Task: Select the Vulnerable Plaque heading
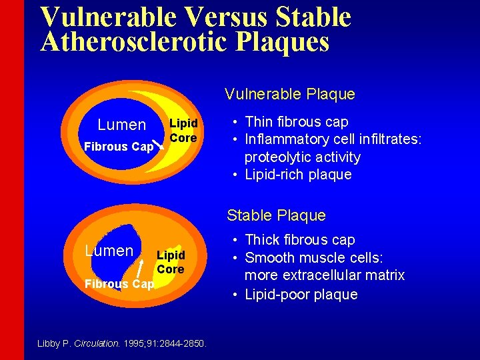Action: pos(289,94)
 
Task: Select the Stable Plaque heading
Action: pos(276,215)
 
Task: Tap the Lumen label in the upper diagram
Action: pos(121,125)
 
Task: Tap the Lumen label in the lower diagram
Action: pos(109,251)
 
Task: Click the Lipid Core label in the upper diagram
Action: pos(183,131)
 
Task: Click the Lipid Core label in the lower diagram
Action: pos(170,262)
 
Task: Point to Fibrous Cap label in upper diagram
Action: pos(117,147)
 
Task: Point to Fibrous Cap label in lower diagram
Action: pos(119,284)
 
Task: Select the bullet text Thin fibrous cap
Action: pos(297,122)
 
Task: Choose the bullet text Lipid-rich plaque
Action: pos(298,175)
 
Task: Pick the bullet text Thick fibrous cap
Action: pos(300,240)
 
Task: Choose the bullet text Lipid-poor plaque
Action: pos(301,295)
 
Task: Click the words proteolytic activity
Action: pos(302,157)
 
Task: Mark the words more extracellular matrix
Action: pos(325,275)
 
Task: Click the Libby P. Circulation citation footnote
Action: pos(123,344)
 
